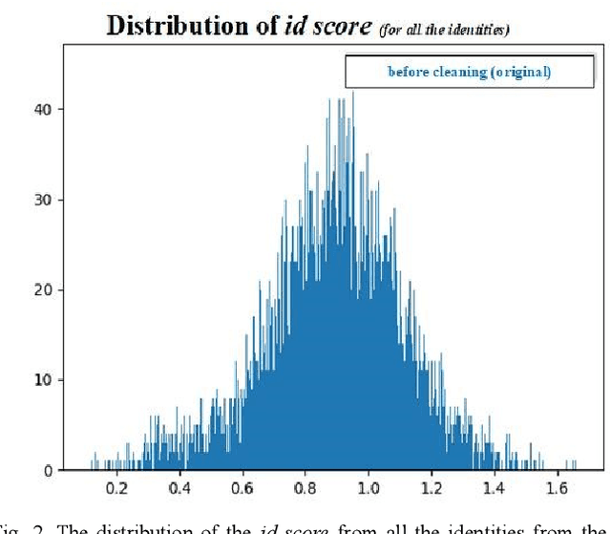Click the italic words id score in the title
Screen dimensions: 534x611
(327, 26)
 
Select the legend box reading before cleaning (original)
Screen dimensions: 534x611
(469, 72)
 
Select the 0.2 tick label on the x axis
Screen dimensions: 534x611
(116, 488)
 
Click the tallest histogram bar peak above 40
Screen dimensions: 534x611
(353, 94)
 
